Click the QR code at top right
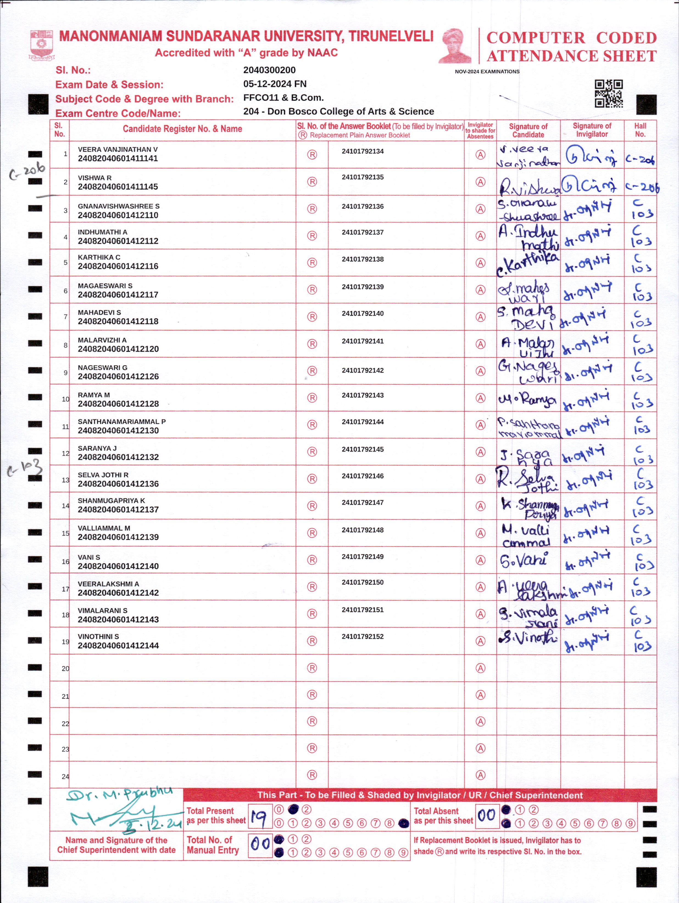click(608, 93)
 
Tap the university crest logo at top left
click(41, 45)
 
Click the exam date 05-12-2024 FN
click(275, 84)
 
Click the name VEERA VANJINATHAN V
click(118, 149)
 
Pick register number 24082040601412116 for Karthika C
click(118, 266)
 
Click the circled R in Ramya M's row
click(312, 398)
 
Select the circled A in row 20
click(480, 668)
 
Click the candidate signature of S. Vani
click(524, 561)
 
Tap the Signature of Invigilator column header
click(592, 130)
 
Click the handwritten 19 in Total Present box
click(259, 817)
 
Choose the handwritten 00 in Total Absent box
click(486, 816)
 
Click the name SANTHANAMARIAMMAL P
click(122, 421)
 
